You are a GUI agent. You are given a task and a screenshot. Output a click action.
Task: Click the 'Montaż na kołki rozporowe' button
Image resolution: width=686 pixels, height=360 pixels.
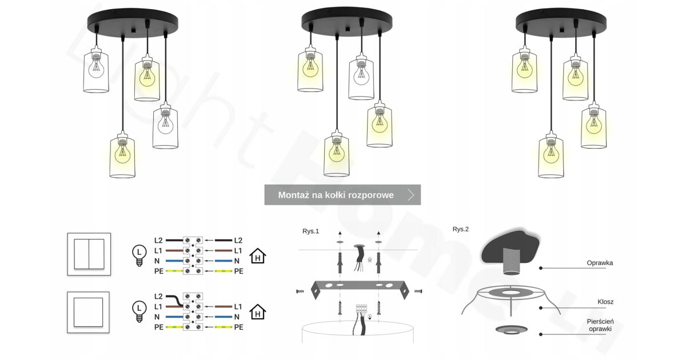coord(342,195)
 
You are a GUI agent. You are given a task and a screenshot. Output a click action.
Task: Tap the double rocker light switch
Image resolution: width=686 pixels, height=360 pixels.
coord(89,254)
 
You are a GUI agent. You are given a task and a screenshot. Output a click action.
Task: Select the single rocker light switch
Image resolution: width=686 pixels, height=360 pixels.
coord(88,312)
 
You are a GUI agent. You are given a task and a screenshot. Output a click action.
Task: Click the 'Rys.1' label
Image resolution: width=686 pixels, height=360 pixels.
coord(310,231)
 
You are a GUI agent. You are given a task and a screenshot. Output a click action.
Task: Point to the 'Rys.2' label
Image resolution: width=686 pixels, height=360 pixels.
coord(460,229)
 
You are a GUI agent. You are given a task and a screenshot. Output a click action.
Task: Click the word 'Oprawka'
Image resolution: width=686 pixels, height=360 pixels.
coord(600,263)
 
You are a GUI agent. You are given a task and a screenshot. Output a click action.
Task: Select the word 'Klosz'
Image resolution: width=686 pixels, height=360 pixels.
coord(605,302)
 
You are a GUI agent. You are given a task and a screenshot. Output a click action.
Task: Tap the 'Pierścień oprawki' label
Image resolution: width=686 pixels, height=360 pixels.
coord(600,325)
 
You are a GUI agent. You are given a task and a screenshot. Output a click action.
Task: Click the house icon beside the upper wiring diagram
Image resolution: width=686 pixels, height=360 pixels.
coord(258,256)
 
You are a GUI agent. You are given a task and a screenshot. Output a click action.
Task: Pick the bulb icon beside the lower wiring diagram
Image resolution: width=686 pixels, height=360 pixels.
coord(139,311)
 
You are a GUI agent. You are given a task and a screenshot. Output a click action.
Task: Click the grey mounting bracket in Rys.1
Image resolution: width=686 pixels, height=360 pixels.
coord(360,289)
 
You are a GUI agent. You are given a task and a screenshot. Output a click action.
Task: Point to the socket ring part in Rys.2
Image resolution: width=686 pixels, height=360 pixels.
coord(511,330)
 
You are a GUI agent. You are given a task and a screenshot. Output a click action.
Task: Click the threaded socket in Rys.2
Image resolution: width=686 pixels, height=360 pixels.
coord(511,261)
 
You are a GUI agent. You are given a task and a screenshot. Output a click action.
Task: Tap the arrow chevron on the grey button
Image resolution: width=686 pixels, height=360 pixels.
coord(411,195)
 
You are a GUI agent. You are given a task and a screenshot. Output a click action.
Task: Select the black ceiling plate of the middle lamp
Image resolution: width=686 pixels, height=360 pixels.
coord(346,22)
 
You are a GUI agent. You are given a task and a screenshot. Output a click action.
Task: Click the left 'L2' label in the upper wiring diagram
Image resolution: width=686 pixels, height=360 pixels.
coord(158,241)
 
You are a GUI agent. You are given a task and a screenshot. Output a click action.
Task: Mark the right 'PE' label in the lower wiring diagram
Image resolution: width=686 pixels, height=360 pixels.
coord(238,327)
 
